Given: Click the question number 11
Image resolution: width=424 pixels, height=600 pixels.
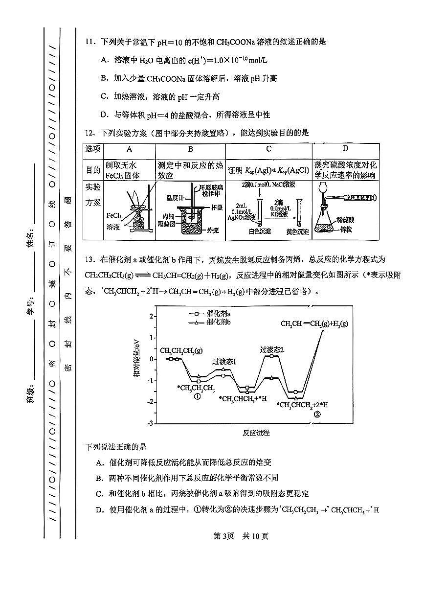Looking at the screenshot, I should point(89,42).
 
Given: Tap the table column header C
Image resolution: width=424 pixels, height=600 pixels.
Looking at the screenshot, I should point(268,149).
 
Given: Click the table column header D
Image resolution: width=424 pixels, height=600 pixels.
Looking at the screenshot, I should point(345,149).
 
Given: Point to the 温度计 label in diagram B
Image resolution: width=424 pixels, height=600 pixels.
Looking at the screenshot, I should point(175,197).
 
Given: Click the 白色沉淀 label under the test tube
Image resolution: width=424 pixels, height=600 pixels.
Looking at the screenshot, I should point(260,231).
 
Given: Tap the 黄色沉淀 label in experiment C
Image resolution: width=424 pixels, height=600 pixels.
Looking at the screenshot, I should point(298,231).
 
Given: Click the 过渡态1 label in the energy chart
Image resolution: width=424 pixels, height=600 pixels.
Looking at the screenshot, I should point(224,362).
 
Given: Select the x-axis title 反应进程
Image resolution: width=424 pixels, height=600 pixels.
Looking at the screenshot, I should point(256,433).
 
